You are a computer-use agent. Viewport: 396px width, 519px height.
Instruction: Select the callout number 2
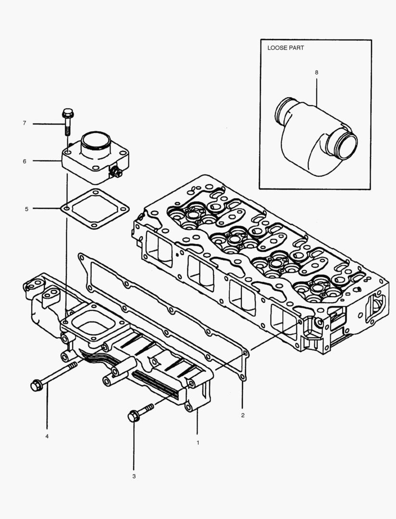click(x=243, y=415)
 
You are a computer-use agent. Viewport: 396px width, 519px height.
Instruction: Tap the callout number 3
click(x=134, y=477)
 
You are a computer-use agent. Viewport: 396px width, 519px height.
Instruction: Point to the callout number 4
click(x=47, y=436)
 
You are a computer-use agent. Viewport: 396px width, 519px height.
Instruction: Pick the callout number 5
click(x=26, y=209)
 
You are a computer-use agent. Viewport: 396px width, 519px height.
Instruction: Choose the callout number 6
click(x=25, y=161)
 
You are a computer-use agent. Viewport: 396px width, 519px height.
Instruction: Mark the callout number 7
click(x=24, y=124)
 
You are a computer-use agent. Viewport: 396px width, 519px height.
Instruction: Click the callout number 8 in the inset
click(x=316, y=72)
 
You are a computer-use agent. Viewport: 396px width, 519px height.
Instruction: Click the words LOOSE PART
click(x=285, y=49)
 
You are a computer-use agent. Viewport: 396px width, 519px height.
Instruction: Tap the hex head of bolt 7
click(x=68, y=114)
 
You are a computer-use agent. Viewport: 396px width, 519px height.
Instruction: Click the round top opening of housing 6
click(x=96, y=139)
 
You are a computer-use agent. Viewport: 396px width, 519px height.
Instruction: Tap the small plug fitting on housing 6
click(x=116, y=173)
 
